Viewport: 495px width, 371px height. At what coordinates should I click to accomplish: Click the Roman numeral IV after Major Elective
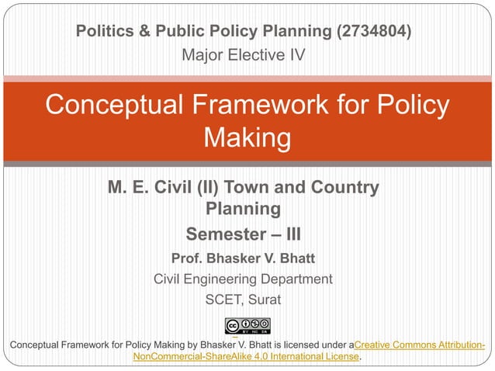(x=297, y=56)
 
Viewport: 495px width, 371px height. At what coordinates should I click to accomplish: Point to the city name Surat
(x=265, y=300)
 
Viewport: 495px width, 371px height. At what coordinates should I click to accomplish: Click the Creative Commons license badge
(x=247, y=326)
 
